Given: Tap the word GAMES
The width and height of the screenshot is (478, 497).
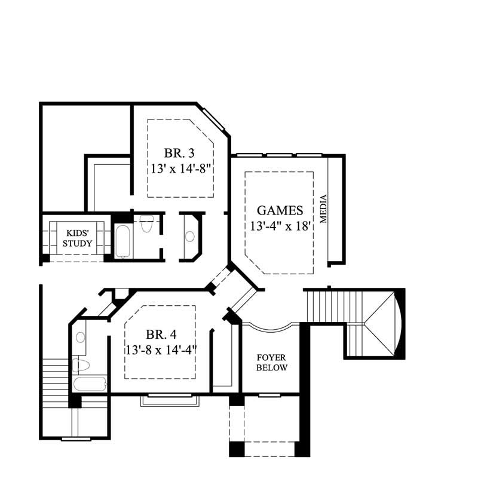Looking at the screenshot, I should (280, 210).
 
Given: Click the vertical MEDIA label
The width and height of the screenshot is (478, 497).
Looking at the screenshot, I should (324, 209).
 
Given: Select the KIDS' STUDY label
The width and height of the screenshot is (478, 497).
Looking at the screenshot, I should (77, 238).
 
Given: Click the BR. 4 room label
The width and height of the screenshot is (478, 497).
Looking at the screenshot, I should (160, 334).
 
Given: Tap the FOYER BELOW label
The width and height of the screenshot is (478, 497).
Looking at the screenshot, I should (272, 363).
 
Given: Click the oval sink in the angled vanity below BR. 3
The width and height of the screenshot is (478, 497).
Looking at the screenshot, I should (190, 236).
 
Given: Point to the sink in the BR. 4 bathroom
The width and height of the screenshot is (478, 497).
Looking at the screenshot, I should (80, 337).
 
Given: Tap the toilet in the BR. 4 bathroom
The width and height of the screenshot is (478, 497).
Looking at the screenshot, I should (80, 364).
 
